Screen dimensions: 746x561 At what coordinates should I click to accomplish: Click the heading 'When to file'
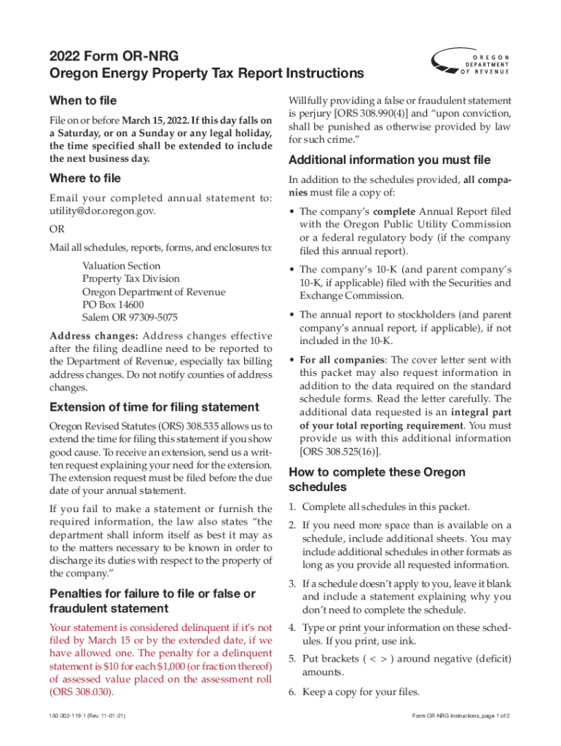[x=82, y=101]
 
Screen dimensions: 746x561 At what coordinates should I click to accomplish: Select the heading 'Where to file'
[x=85, y=178]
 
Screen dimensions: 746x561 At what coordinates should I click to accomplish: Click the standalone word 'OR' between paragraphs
[x=56, y=229]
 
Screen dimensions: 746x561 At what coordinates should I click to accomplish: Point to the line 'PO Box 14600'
[x=113, y=305]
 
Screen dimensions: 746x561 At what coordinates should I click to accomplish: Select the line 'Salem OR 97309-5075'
[x=130, y=318]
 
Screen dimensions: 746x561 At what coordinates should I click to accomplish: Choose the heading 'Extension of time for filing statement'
[x=153, y=407]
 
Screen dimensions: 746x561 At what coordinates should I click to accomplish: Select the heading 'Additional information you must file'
[x=390, y=160]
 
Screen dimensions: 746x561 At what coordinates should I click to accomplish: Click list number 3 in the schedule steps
[x=291, y=584]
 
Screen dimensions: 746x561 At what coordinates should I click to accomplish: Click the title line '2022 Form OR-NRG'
[x=113, y=56]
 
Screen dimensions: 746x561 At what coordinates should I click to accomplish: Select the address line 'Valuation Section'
[x=122, y=266]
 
